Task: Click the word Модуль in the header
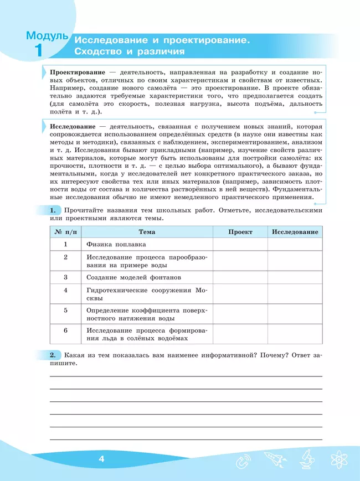[47, 36]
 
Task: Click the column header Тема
[147, 232]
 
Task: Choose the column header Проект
[240, 232]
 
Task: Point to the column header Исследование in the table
[295, 232]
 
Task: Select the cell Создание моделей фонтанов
[133, 277]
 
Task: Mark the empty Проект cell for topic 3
[240, 277]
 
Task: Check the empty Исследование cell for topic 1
[295, 244]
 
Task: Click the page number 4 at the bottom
[101, 459]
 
